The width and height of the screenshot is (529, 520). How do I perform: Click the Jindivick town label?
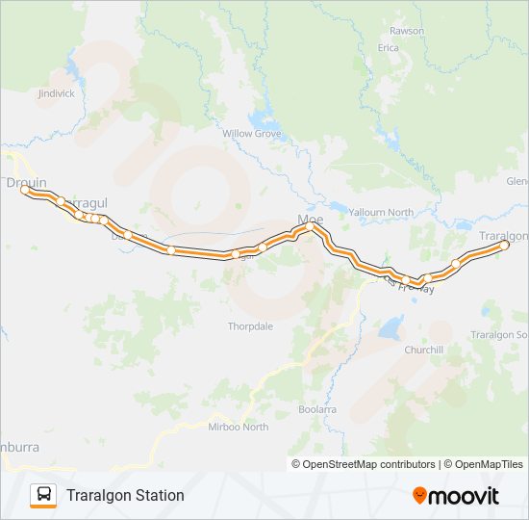point(56,93)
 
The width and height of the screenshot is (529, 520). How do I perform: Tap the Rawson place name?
point(407,30)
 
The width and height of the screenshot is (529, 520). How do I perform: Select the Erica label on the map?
point(388,46)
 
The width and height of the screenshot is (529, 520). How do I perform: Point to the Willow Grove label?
point(252,133)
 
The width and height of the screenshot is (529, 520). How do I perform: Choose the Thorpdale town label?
point(251,326)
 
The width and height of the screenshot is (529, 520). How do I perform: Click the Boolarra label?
point(317,409)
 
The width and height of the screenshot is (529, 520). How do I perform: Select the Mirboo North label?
point(240,427)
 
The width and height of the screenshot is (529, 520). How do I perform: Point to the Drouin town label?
point(26,182)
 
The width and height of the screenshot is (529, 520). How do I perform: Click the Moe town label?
point(311,220)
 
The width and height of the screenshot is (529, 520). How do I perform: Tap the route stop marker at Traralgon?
point(503,246)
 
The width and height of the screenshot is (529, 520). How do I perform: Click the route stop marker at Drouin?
point(25,190)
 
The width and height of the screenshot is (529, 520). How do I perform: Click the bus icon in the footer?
point(43,495)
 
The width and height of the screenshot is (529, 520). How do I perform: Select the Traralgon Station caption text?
point(125,496)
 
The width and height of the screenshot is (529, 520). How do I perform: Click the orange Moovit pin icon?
point(420,496)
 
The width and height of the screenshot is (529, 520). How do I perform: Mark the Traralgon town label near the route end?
point(504,235)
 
